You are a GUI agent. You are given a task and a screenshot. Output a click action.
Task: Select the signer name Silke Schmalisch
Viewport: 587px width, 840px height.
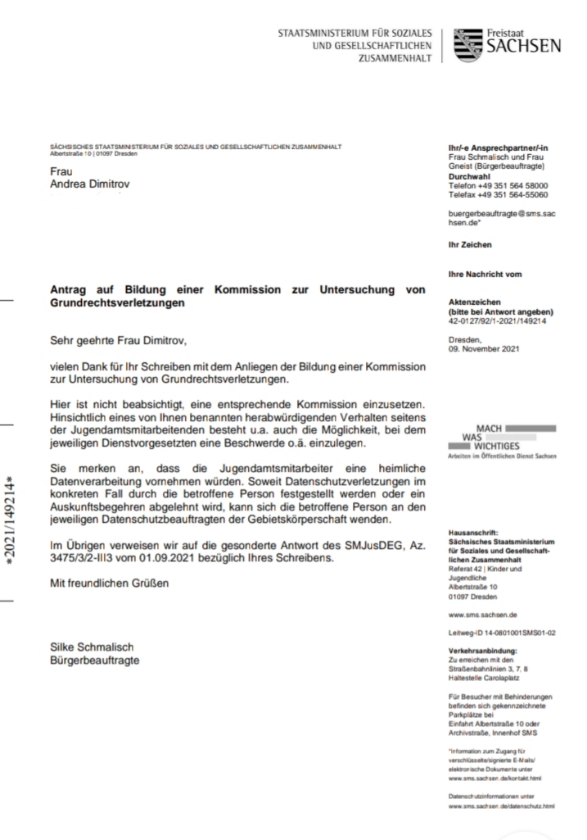tap(91, 647)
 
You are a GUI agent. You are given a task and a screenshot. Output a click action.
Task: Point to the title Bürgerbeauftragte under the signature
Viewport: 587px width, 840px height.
tap(95, 660)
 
